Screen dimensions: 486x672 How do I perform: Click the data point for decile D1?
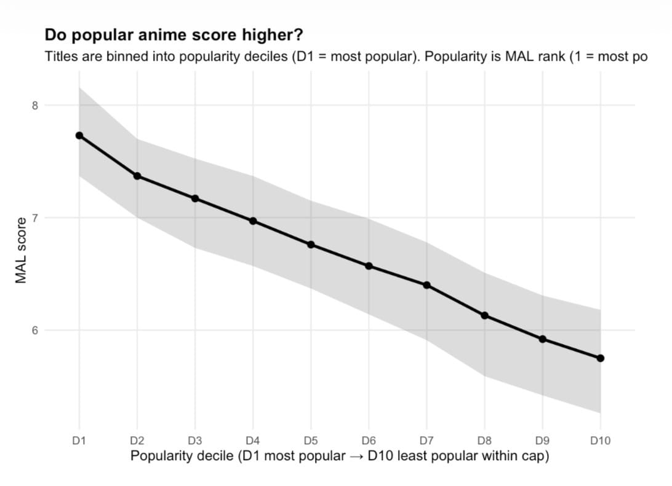click(79, 135)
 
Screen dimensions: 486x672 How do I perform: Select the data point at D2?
click(137, 176)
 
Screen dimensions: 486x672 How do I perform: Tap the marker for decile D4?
click(253, 221)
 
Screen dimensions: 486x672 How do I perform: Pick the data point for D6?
click(369, 266)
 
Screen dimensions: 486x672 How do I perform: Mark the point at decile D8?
click(485, 315)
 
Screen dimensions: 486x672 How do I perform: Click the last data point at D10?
click(601, 358)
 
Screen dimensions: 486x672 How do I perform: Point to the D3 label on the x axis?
click(195, 440)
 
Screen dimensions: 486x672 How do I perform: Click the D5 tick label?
click(311, 440)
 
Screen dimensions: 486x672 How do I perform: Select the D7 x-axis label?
click(426, 440)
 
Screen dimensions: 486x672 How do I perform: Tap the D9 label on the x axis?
click(542, 440)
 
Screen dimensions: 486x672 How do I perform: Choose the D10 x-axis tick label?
click(600, 440)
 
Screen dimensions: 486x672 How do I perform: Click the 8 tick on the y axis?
click(35, 105)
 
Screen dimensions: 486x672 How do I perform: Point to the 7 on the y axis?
click(35, 218)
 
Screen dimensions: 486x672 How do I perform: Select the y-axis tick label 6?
click(35, 330)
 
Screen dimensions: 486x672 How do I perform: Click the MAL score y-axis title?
click(22, 251)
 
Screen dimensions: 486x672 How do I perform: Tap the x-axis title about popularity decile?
click(339, 457)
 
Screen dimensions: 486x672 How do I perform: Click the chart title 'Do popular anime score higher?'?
click(174, 34)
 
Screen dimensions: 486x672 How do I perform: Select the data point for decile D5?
click(311, 245)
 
